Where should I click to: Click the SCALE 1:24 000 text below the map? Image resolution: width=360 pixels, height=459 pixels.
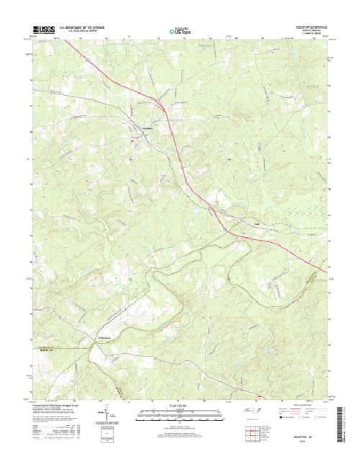[x=179, y=407]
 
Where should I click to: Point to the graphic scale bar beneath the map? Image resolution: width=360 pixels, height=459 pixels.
[x=179, y=414]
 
